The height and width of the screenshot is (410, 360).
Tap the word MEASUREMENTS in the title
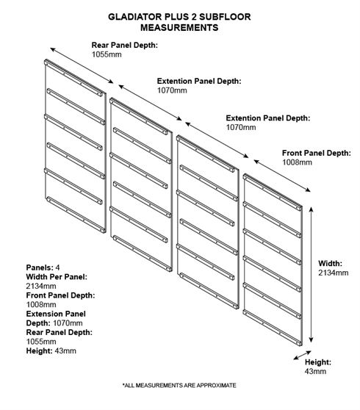pyautogui.click(x=179, y=27)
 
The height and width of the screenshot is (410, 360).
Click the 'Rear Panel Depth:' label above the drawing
pyautogui.click(x=125, y=46)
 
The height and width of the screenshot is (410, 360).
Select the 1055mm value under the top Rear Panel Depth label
pyautogui.click(x=107, y=54)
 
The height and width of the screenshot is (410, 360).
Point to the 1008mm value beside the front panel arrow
pyautogui.click(x=297, y=162)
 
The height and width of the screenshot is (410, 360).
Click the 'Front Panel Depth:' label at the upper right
pyautogui.click(x=317, y=153)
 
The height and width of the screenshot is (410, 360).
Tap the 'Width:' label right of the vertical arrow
pyautogui.click(x=330, y=263)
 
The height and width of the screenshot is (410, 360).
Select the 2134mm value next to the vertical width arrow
pyautogui.click(x=334, y=273)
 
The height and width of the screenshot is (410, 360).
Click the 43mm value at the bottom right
pyautogui.click(x=315, y=371)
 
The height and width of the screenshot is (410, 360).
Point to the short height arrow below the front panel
pyautogui.click(x=302, y=356)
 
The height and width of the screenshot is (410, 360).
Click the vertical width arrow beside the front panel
pyautogui.click(x=311, y=274)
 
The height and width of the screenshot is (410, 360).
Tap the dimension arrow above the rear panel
pyautogui.click(x=82, y=65)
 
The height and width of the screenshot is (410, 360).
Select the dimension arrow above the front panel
pyautogui.click(x=282, y=176)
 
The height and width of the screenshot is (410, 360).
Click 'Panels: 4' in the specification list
pyautogui.click(x=43, y=267)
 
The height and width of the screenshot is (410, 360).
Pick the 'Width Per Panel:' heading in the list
pyautogui.click(x=57, y=277)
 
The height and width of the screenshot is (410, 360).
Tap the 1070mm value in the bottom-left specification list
pyautogui.click(x=68, y=323)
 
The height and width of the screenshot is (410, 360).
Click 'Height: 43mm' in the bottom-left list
pyautogui.click(x=51, y=350)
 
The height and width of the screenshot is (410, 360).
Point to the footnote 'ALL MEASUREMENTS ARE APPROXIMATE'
pyautogui.click(x=179, y=385)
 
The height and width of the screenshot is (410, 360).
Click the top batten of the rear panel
pyautogui.click(x=73, y=78)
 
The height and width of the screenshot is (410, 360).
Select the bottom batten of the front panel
pyautogui.click(x=272, y=328)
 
